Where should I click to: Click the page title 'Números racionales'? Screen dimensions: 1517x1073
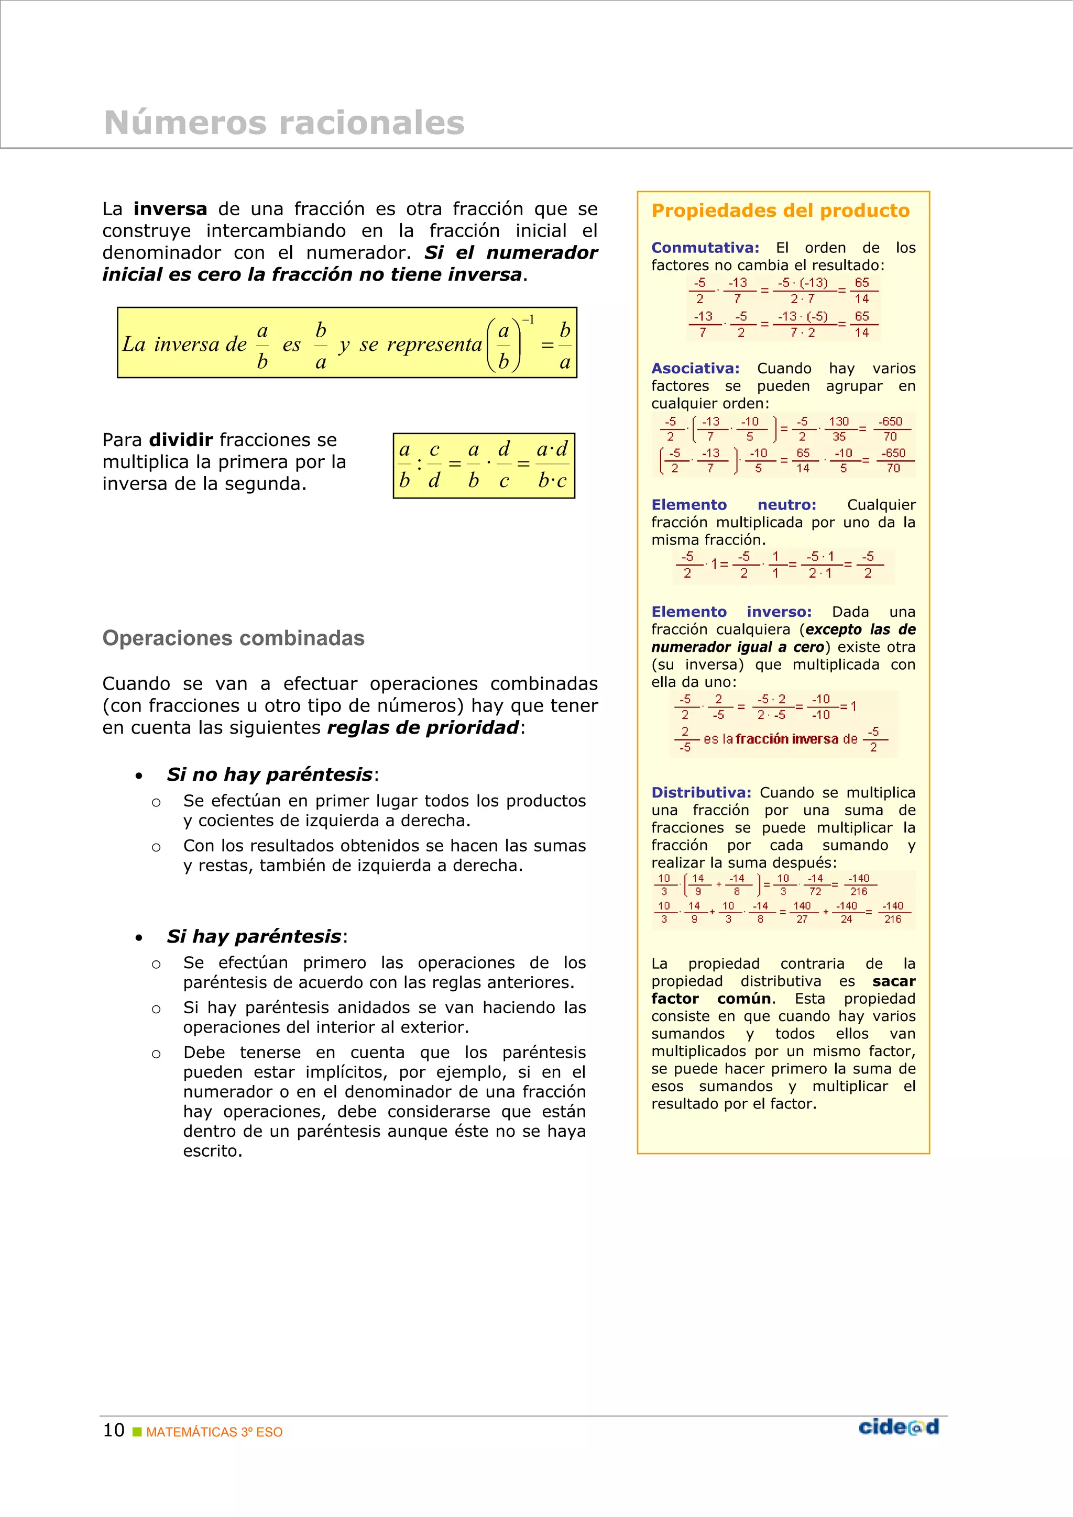[x=284, y=123]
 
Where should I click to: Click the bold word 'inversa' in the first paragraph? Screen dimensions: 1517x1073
[x=170, y=209]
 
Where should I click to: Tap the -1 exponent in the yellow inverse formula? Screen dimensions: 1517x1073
[x=528, y=320]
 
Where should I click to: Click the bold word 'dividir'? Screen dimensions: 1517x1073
[x=180, y=440]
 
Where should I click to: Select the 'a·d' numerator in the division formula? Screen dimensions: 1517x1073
[x=552, y=450]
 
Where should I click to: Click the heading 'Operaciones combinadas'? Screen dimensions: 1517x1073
[x=233, y=638]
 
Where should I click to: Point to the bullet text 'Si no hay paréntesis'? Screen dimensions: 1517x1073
[x=270, y=774]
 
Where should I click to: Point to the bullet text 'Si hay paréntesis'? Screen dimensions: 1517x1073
[x=254, y=936]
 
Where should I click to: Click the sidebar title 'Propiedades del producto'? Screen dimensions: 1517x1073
[x=780, y=211]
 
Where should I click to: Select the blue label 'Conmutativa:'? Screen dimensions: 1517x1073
[x=705, y=248]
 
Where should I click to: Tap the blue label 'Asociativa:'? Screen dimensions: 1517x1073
[x=695, y=369]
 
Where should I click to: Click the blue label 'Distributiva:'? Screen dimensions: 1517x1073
[x=701, y=793]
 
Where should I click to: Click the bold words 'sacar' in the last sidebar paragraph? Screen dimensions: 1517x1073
[x=893, y=981]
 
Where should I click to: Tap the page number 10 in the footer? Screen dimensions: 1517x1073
[x=114, y=1431]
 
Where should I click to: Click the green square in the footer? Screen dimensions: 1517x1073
[x=137, y=1432]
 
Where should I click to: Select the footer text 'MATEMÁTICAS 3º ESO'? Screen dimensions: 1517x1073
[x=214, y=1432]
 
